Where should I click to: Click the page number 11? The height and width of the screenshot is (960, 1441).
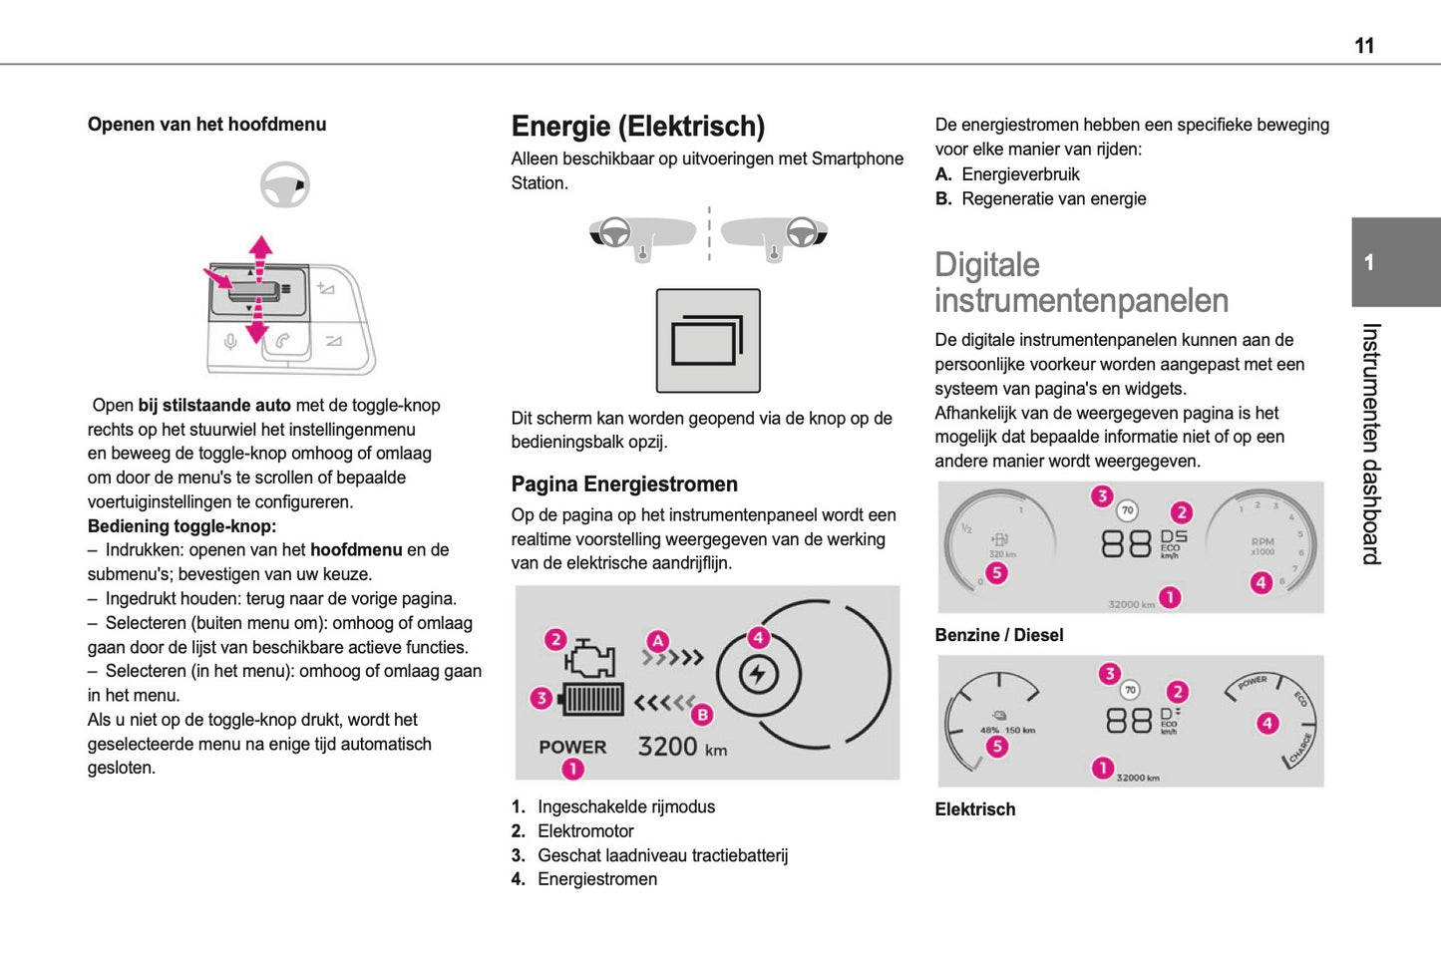pos(1363,46)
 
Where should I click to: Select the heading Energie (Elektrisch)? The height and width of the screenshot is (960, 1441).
pos(637,127)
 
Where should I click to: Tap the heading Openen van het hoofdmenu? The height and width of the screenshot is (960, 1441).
pos(206,125)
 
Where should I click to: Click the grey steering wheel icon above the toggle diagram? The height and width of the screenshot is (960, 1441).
pos(285,184)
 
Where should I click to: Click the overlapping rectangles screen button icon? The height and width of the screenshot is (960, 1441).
pos(707,341)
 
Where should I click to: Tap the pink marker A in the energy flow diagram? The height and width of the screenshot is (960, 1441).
pos(657,640)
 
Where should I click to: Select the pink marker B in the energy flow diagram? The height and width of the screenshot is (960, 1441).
pos(703,714)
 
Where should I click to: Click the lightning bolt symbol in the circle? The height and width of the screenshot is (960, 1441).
pos(758,675)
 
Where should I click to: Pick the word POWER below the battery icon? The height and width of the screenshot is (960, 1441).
pos(572,747)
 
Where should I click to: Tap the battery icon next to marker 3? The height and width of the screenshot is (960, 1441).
pos(593,699)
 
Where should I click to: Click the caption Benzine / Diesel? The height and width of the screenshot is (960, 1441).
pos(998,635)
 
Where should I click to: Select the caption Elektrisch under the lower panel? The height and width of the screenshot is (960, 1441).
pos(974,809)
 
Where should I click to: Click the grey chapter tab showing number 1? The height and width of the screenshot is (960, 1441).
pos(1395,262)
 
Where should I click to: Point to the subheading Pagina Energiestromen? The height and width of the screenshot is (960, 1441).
pos(624,484)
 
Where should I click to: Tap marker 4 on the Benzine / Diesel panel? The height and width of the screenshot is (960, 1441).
pos(1261,582)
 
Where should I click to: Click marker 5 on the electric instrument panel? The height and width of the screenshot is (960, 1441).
pos(996,746)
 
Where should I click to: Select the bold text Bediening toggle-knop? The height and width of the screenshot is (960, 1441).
pos(181,526)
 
